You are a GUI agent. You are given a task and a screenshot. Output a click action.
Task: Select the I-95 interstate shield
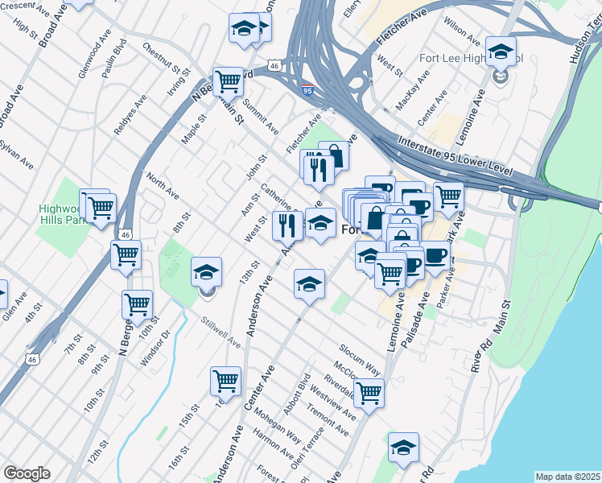(x=307, y=89)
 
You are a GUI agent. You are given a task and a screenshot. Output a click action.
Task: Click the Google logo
(x=27, y=473)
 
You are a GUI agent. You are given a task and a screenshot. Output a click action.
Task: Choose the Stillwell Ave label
(x=221, y=332)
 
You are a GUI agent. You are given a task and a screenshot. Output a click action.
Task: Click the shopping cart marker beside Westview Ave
(x=369, y=393)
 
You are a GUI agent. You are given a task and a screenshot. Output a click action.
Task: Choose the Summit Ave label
(x=262, y=118)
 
